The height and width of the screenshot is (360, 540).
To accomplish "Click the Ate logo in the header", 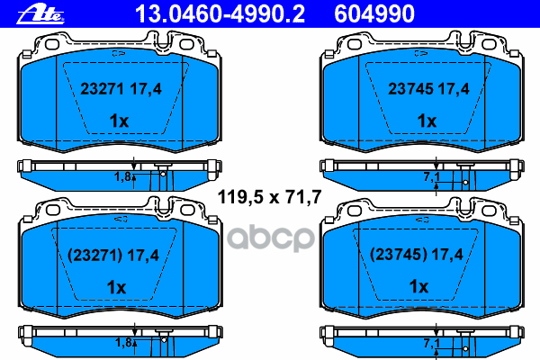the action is click(40, 15).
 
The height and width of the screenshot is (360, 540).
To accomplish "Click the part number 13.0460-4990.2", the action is click(220, 14).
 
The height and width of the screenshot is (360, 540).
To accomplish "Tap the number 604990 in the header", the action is click(374, 14).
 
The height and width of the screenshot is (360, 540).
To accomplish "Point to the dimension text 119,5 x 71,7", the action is click(270, 197).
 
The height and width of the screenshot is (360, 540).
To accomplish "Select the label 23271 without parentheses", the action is click(102, 88).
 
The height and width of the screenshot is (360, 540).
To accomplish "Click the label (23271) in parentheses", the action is click(95, 256).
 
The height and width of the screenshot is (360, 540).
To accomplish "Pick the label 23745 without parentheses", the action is click(411, 89).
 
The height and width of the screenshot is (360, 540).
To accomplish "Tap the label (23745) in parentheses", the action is click(399, 255).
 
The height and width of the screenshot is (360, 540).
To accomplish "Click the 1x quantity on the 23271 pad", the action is click(119, 121).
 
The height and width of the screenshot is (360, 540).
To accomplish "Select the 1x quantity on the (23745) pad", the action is click(418, 286).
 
